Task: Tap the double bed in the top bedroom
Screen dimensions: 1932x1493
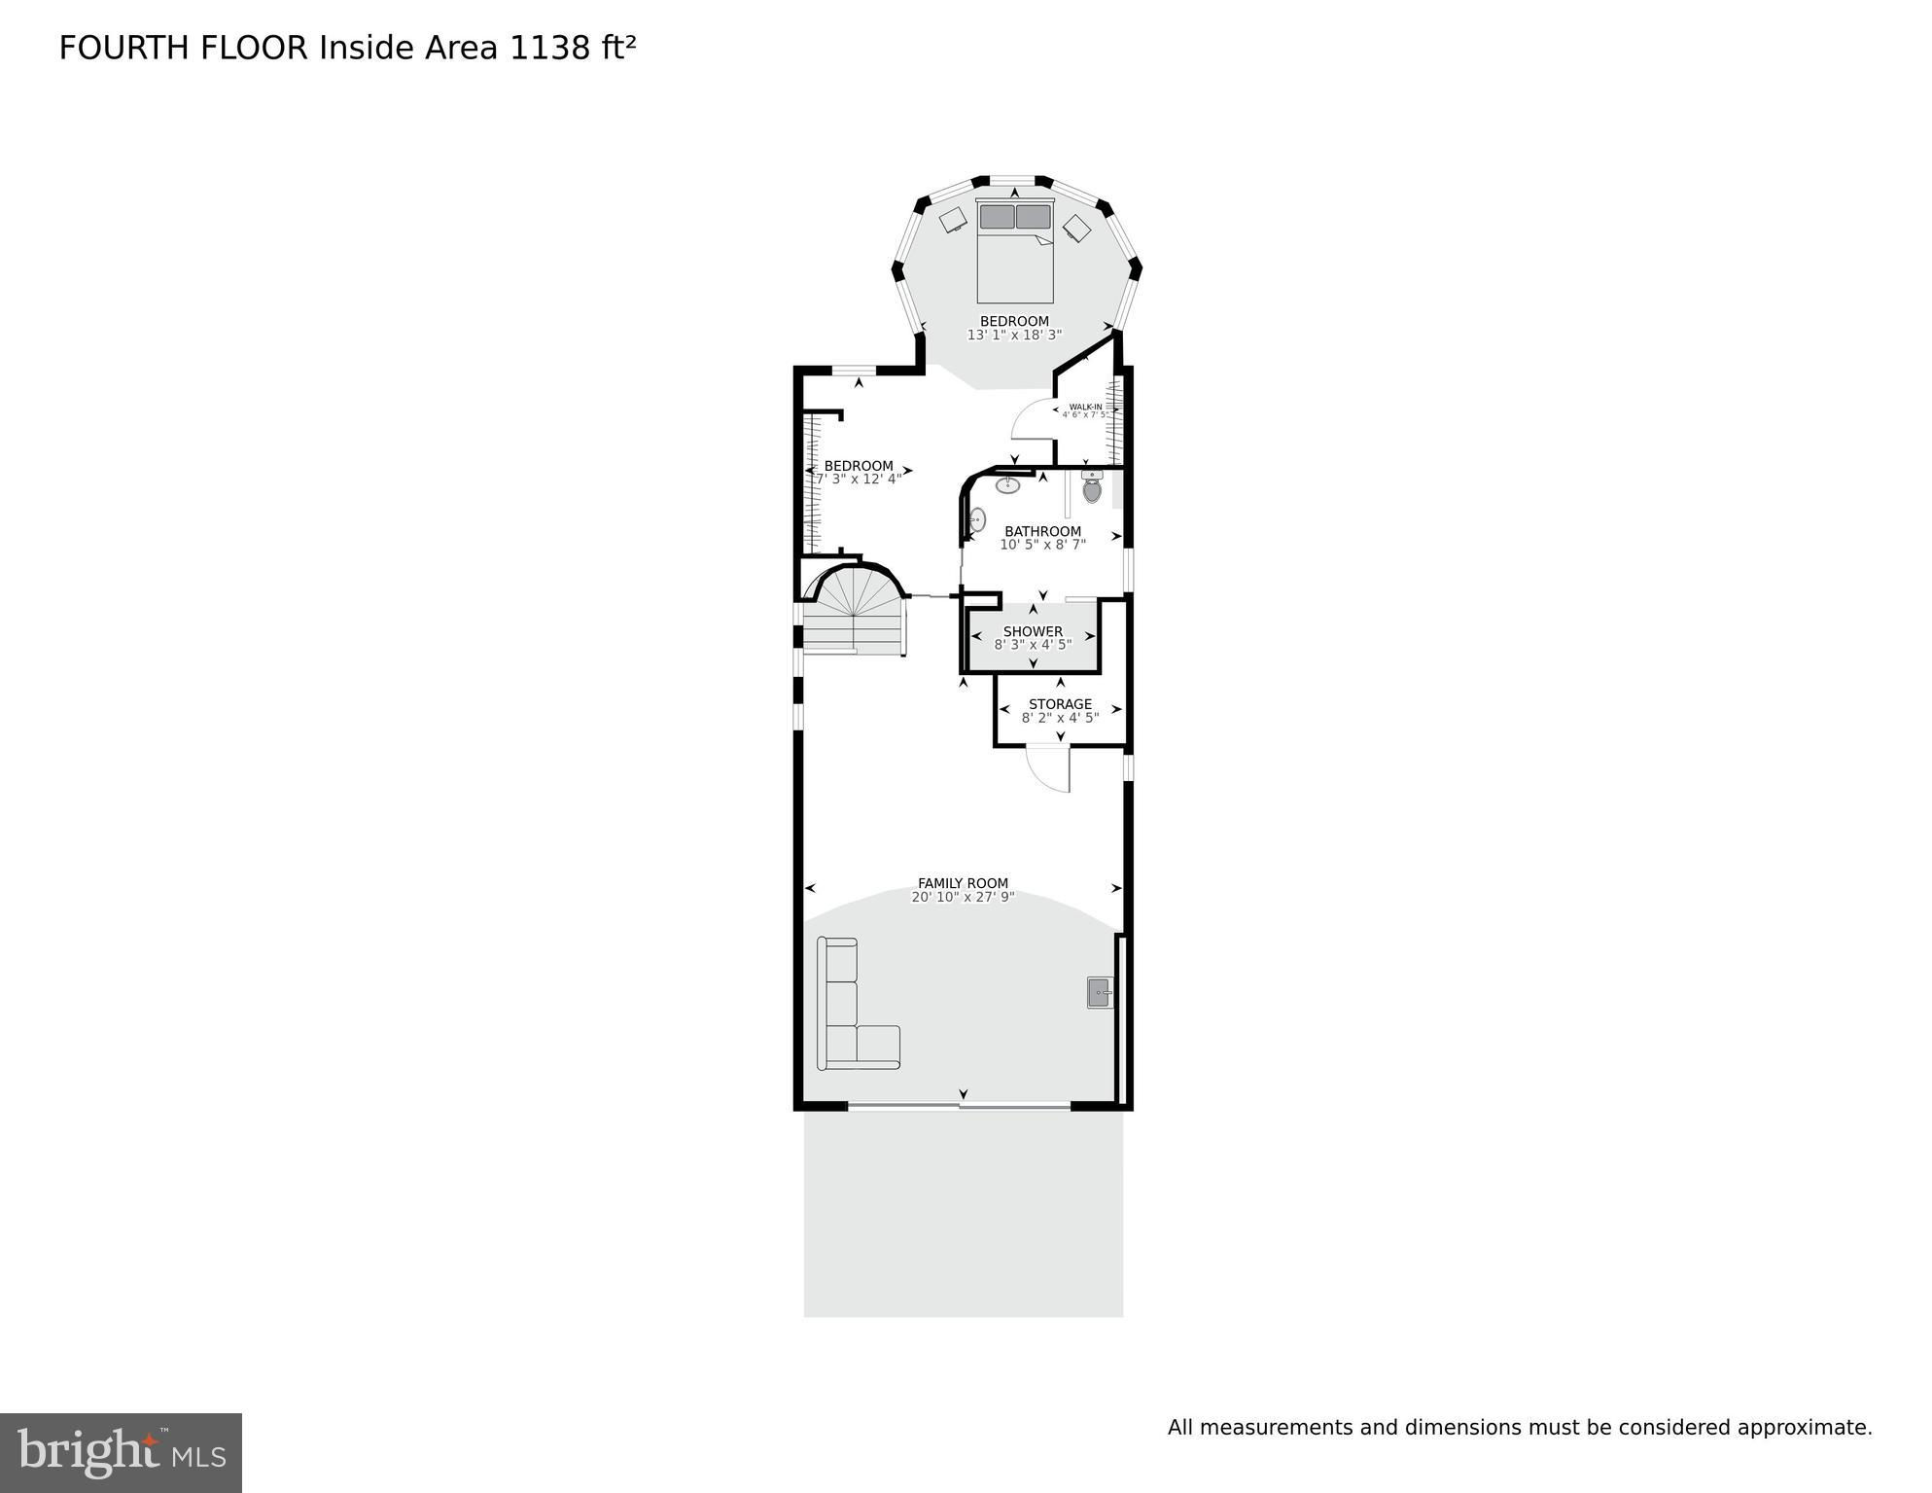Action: (x=1015, y=251)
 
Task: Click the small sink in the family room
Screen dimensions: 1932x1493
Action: (x=1101, y=993)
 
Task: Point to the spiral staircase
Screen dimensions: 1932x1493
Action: (x=854, y=612)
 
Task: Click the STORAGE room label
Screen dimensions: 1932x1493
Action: (x=1060, y=704)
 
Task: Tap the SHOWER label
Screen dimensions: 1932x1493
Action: (x=1033, y=631)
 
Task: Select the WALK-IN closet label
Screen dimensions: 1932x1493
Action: (x=1085, y=407)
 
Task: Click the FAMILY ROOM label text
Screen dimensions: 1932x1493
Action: (x=963, y=883)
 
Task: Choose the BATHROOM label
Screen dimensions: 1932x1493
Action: (x=1042, y=531)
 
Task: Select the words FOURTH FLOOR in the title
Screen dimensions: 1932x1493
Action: (x=183, y=48)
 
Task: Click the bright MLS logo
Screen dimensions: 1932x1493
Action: (x=121, y=1452)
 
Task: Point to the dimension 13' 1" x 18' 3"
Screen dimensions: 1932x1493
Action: (x=1014, y=335)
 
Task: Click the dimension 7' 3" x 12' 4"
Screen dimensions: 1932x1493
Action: (x=859, y=479)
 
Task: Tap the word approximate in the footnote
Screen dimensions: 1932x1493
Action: (x=1804, y=1428)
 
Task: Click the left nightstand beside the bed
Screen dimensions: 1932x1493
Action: (x=953, y=220)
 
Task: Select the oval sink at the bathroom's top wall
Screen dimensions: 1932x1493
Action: (x=1007, y=485)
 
